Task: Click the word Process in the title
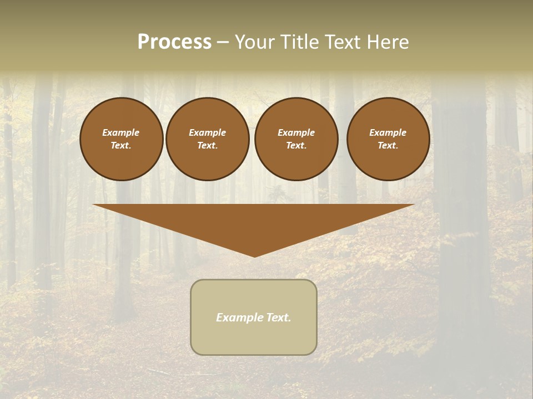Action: [x=174, y=42]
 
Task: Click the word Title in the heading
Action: [x=300, y=42]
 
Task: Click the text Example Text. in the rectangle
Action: [x=254, y=318]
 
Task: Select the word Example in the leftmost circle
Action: [x=121, y=132]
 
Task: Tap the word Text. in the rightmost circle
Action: [x=388, y=145]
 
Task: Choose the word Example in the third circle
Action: [x=296, y=132]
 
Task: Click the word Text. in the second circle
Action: [x=207, y=145]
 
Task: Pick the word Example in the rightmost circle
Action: [x=388, y=132]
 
